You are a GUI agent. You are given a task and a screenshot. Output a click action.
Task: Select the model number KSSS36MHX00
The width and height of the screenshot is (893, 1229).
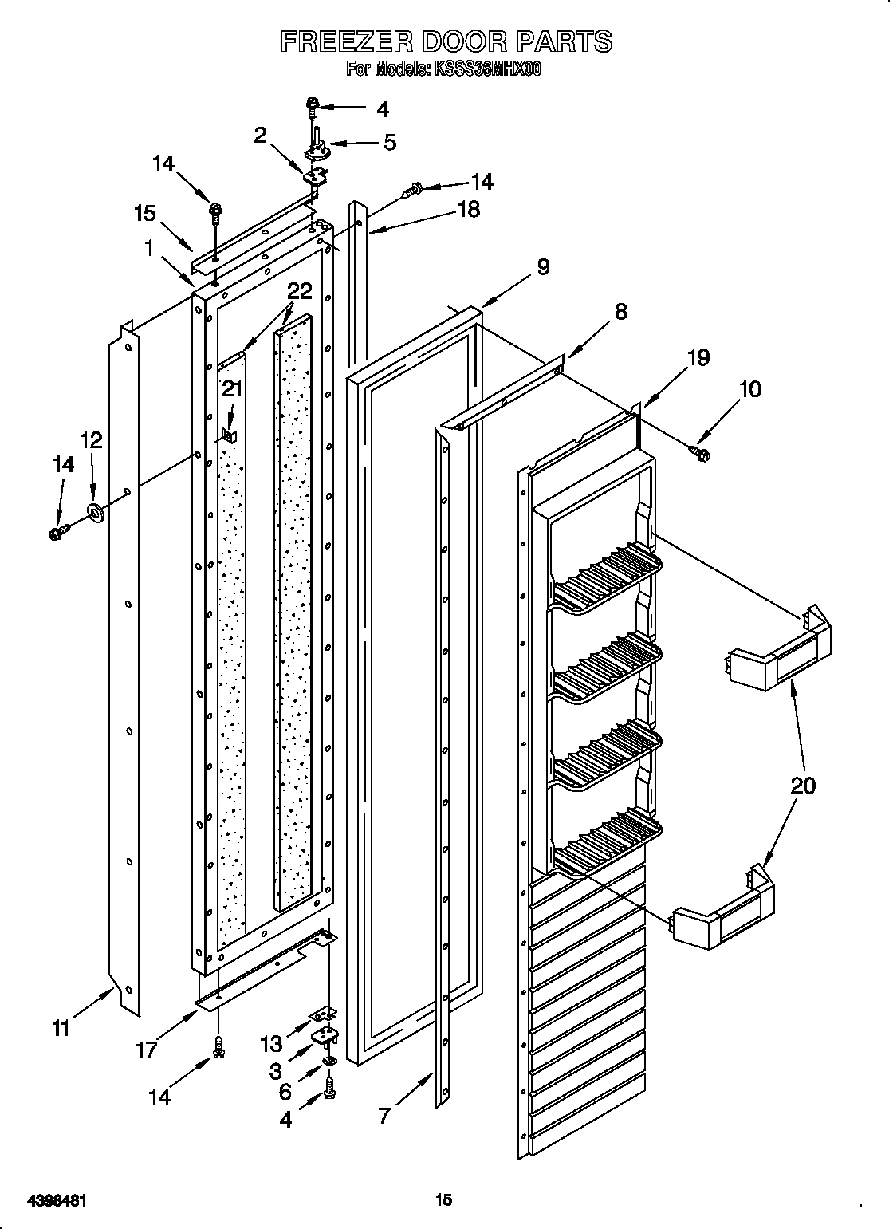[487, 70]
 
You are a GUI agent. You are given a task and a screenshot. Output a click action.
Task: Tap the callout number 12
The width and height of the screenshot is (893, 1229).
[91, 440]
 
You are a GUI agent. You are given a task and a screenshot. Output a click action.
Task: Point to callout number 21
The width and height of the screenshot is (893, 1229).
[231, 388]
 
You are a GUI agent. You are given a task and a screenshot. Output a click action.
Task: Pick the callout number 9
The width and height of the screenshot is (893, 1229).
[542, 266]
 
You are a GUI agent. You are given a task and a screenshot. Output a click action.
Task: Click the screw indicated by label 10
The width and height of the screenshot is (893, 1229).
[702, 454]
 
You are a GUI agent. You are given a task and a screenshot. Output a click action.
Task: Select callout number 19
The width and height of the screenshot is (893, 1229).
[698, 357]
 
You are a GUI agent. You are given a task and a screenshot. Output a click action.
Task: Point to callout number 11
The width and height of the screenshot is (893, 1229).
[60, 1029]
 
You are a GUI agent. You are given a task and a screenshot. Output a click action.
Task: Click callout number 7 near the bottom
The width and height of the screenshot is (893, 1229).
[384, 1115]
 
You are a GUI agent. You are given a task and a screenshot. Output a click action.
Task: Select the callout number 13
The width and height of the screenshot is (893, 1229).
[271, 1043]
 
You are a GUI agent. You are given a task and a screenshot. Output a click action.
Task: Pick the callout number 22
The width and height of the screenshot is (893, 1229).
[300, 290]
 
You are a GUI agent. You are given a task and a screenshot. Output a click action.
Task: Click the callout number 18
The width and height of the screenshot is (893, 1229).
[469, 210]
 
